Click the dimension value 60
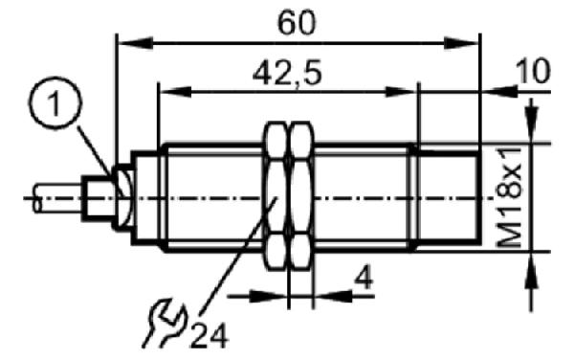pos(297,23)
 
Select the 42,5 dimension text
pos(287,73)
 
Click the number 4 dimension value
pos(364,278)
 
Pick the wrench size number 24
pos(210,336)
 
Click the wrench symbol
pos(165,324)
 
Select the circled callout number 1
pos(55,102)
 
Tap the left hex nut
pos(276,196)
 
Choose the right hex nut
pos(302,196)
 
